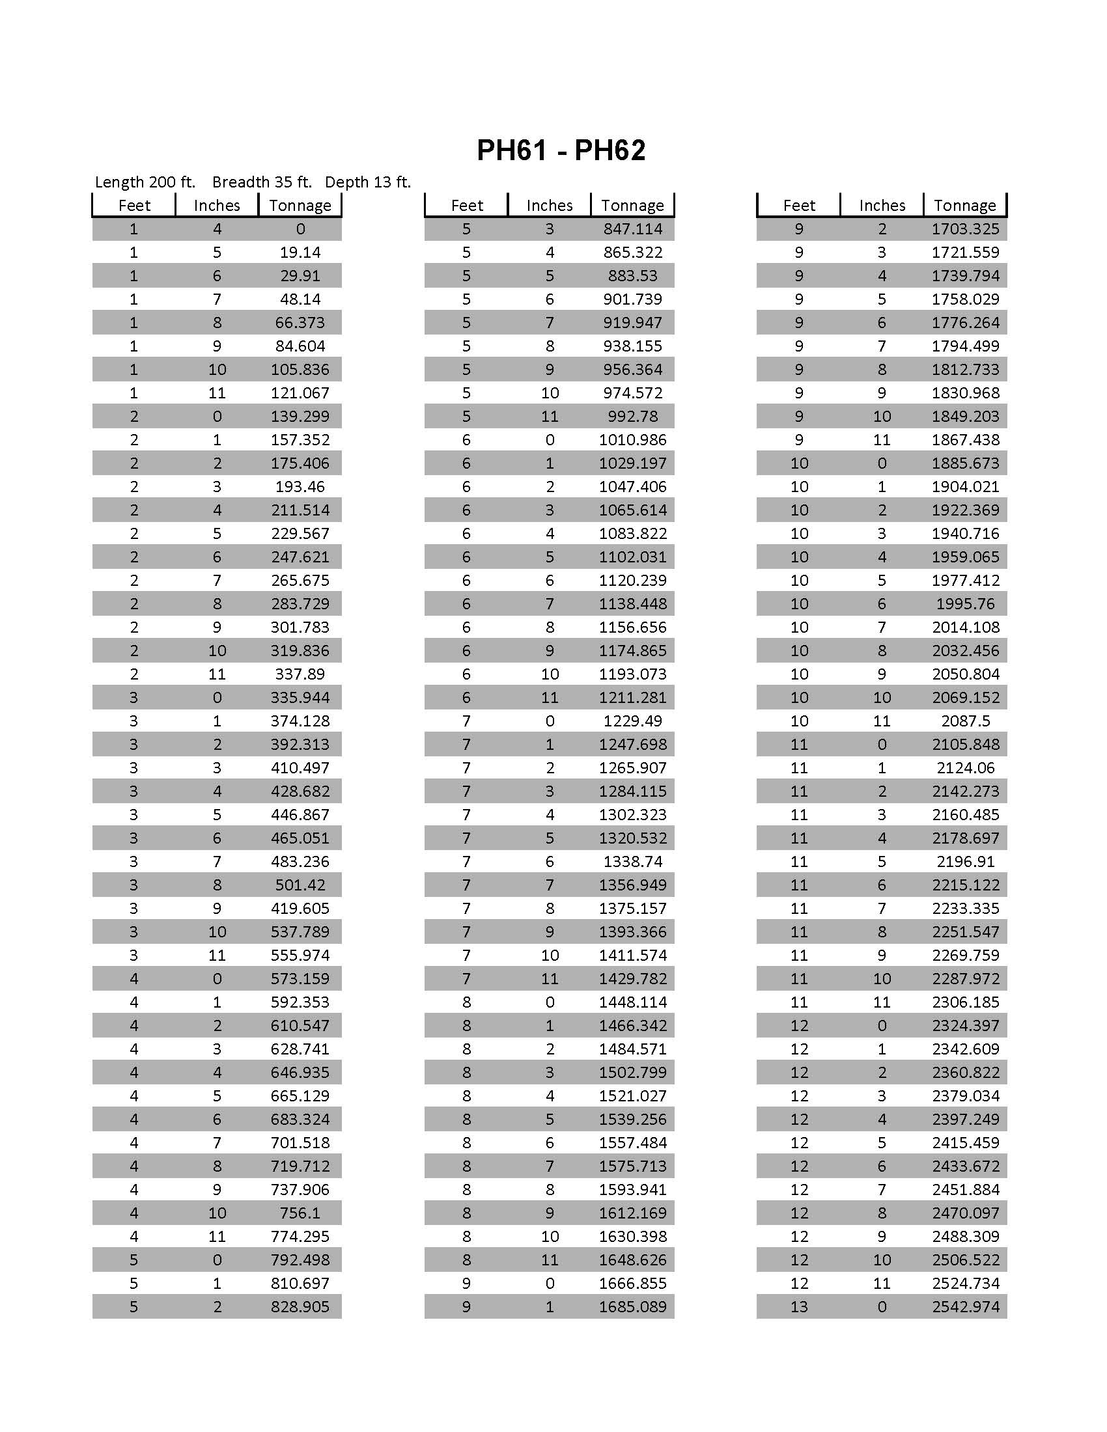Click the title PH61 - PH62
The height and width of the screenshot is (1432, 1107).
point(561,150)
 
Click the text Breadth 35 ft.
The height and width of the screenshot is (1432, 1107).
point(262,182)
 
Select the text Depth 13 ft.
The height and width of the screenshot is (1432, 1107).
point(367,182)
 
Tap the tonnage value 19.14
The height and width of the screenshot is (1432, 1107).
point(300,253)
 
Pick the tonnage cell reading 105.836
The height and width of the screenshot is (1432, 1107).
point(300,370)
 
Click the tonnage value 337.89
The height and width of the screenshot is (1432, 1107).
point(300,674)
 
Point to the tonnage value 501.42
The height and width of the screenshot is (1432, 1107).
point(300,885)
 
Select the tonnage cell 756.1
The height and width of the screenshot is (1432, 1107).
point(300,1213)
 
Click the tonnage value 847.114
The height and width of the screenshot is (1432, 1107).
point(633,229)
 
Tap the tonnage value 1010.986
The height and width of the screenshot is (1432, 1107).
point(633,440)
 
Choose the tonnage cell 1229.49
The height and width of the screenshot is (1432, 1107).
point(633,721)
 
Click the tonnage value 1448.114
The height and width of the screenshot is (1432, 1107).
point(633,1002)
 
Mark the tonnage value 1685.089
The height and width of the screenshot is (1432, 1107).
point(633,1307)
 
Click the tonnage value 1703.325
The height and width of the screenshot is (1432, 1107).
point(965,229)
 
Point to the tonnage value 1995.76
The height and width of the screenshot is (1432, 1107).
point(965,604)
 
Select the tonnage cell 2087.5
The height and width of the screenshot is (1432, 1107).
point(965,721)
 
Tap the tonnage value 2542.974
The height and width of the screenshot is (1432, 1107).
point(965,1307)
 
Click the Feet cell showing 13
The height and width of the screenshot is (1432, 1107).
point(799,1307)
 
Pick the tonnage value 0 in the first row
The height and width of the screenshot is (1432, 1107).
point(300,229)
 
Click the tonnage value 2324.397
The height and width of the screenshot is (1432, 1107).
point(965,1025)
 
